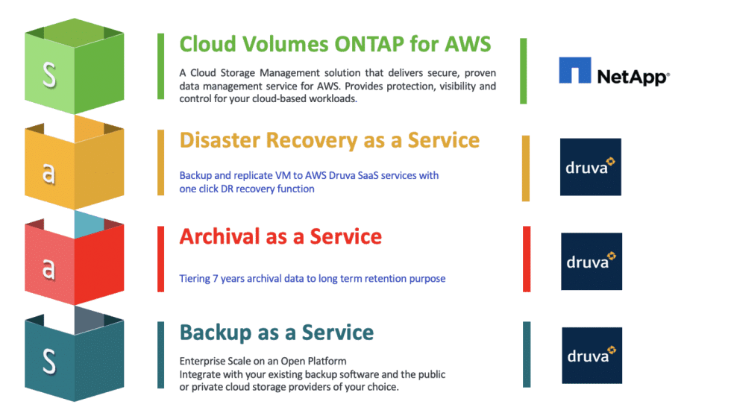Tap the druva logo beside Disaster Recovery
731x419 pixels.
590,167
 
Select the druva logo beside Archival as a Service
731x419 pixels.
592,261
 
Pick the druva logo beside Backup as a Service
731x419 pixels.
592,356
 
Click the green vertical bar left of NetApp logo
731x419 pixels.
524,72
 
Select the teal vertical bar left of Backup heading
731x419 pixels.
161,355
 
